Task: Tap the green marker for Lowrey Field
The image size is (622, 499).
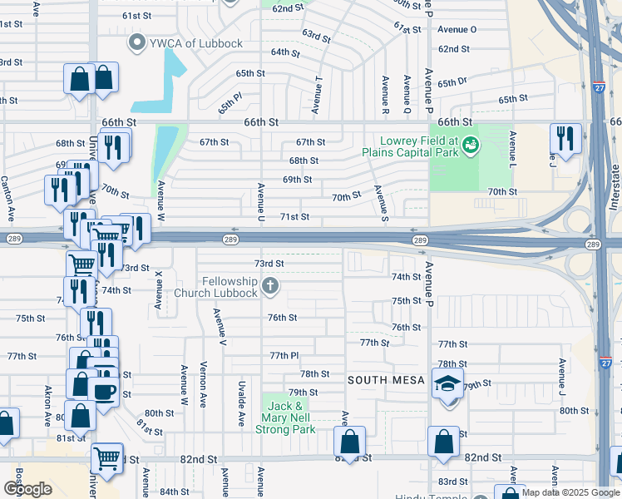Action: point(471,146)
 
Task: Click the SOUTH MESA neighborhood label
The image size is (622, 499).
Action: point(386,380)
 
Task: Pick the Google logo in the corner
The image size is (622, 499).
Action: point(27,489)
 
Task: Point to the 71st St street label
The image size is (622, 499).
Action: point(294,217)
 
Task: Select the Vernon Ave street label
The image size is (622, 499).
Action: point(203,385)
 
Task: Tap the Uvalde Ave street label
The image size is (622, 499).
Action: point(241,403)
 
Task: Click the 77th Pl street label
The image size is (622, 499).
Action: point(284,355)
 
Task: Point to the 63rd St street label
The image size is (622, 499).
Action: point(316,36)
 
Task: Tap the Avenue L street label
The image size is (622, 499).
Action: point(513,150)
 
